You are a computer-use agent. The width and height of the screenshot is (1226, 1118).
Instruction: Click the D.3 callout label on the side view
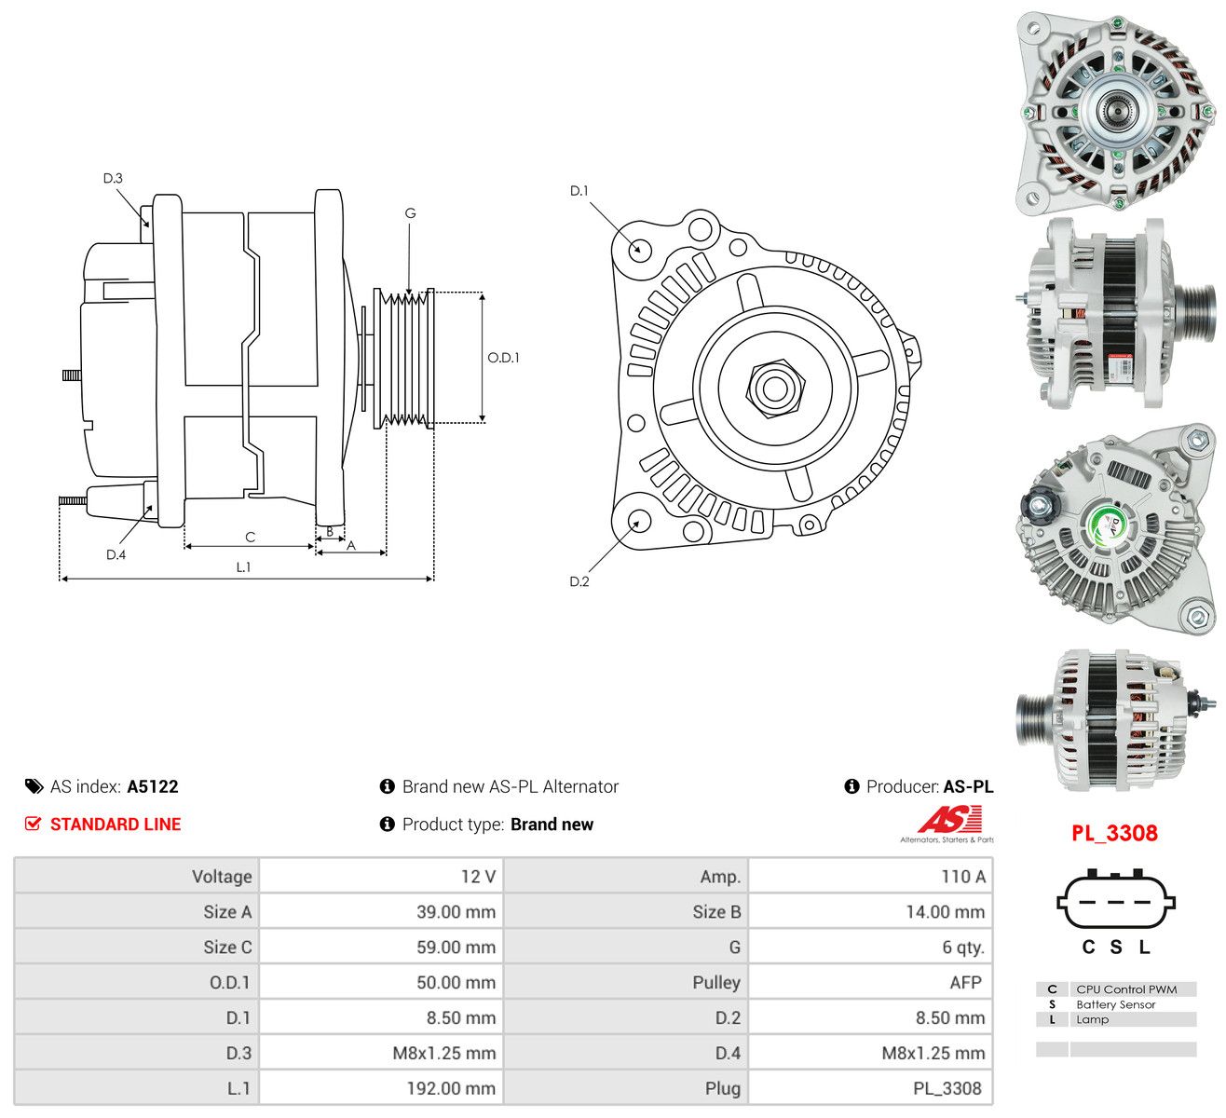(x=113, y=178)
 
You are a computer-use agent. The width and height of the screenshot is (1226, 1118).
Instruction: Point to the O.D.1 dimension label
(x=503, y=358)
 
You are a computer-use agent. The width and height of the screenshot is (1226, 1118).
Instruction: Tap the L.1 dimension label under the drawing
(x=243, y=567)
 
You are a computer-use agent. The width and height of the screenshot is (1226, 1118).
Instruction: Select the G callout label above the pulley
(x=410, y=212)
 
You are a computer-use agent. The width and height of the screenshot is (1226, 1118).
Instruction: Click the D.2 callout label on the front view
(x=579, y=581)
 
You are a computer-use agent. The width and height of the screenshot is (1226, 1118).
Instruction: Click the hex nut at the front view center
(x=775, y=389)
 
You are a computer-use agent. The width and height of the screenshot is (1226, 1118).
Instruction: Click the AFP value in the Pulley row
(x=966, y=982)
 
